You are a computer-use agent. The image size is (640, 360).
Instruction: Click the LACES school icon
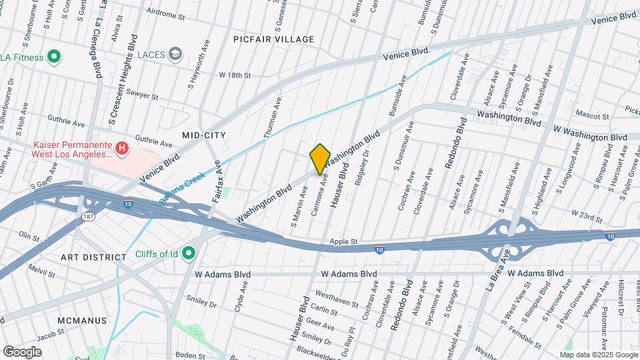click(175, 54)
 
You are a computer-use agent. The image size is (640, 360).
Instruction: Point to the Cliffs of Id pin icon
click(189, 253)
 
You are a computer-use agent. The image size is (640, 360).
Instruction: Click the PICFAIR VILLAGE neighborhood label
click(273, 39)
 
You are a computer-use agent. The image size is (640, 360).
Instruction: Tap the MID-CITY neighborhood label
click(204, 135)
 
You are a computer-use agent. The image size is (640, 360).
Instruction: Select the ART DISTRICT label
click(93, 257)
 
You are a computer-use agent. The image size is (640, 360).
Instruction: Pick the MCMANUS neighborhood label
click(82, 320)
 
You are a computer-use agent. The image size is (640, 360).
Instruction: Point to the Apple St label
click(345, 241)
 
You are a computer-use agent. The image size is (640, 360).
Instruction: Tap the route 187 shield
click(88, 217)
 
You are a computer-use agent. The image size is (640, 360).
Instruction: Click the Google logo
click(23, 351)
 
